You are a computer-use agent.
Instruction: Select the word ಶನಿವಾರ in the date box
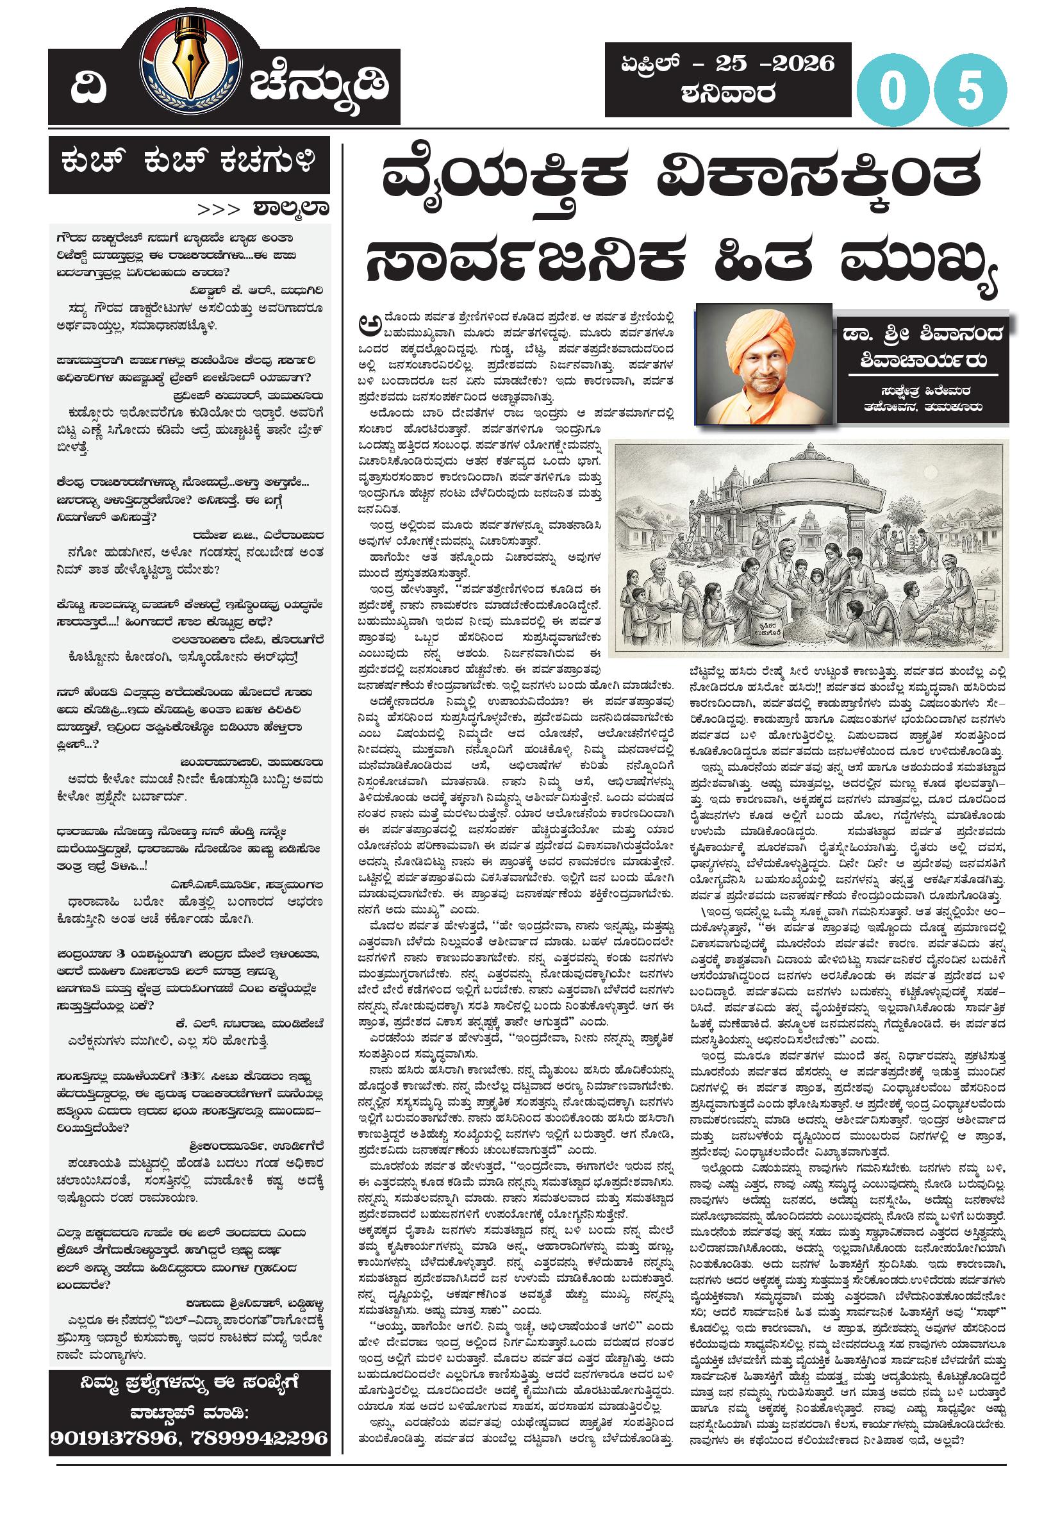pos(728,94)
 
